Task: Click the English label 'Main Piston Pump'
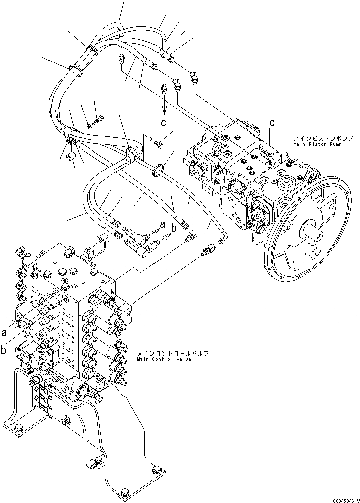316,144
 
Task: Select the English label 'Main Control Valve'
164,359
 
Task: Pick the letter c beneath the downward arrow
164,122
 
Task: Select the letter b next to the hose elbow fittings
174,228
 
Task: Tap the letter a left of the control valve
4,333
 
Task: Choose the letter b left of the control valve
4,348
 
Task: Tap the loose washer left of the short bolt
151,138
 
